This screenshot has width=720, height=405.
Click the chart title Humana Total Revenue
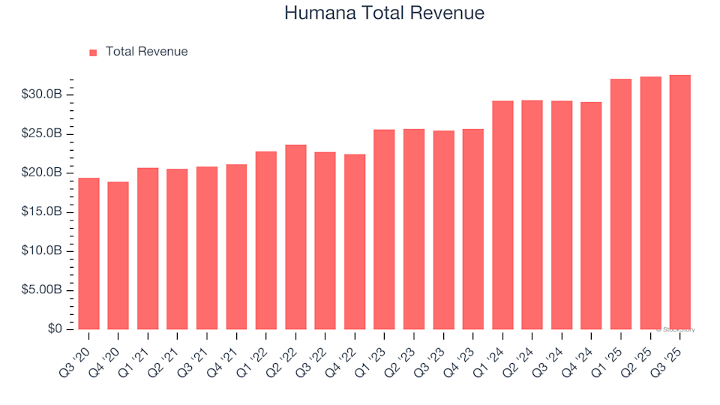tap(384, 13)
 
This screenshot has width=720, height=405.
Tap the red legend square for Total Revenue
tap(93, 52)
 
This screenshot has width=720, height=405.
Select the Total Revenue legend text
tap(146, 52)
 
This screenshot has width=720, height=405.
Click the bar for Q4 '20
tap(118, 256)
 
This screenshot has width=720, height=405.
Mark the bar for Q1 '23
tap(384, 229)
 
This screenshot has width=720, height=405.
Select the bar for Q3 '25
tap(679, 202)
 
